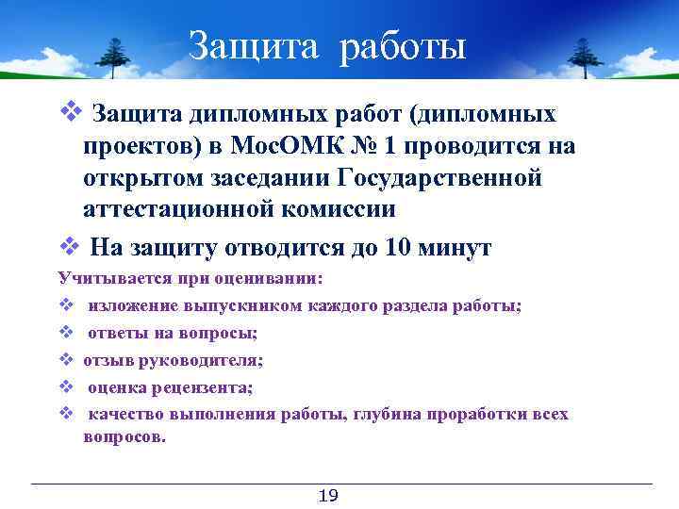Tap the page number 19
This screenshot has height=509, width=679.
pos(329,497)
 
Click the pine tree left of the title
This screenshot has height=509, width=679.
pos(115,58)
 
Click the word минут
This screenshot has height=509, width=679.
pos(457,248)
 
